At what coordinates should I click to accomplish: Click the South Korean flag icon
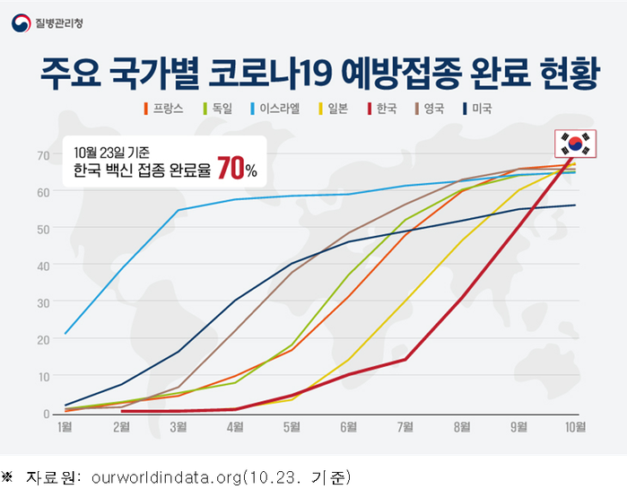click(x=574, y=143)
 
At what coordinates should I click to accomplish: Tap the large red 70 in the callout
click(x=231, y=168)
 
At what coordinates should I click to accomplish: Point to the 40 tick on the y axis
click(x=42, y=266)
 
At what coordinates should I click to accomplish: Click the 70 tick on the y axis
click(x=42, y=155)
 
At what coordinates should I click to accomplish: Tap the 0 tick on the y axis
click(x=45, y=414)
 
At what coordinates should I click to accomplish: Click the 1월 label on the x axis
click(x=65, y=428)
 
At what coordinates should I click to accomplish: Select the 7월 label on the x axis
click(x=405, y=428)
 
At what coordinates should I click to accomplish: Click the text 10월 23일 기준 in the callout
click(x=112, y=150)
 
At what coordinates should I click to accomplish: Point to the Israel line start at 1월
click(x=65, y=334)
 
